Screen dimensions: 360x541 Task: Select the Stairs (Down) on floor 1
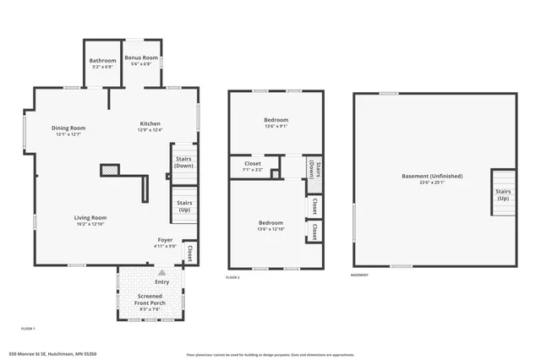(x=183, y=161)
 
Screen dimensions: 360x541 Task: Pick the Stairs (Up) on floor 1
(x=183, y=205)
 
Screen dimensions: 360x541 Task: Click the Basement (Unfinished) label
(x=432, y=178)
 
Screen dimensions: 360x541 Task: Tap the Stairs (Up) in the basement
(x=502, y=194)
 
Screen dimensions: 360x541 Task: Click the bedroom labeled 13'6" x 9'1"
(x=276, y=123)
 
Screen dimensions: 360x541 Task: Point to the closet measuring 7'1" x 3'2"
(x=253, y=166)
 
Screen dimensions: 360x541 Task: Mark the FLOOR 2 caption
(x=233, y=277)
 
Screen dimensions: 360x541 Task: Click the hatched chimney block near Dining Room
(x=108, y=170)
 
